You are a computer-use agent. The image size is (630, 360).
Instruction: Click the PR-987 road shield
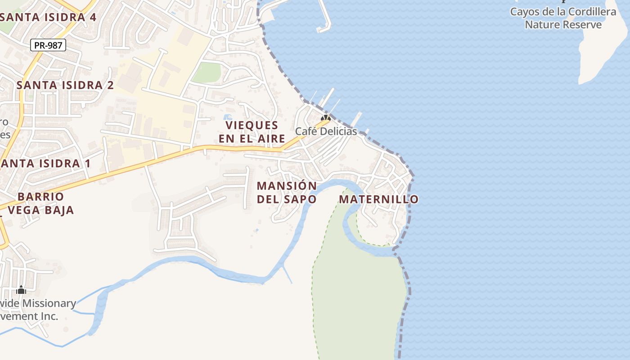tap(48, 45)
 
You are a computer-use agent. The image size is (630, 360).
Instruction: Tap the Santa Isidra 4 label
tap(49, 18)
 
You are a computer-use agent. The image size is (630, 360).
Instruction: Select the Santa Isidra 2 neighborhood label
tap(65, 85)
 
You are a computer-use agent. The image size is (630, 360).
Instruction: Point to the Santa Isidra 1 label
tap(45, 163)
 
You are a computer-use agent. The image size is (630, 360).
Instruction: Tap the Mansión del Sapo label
tap(287, 192)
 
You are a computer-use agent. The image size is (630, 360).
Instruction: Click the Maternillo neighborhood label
tap(378, 199)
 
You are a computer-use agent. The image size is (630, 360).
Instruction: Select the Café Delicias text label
tap(326, 131)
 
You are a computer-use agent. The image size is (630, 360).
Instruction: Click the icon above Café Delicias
tap(325, 118)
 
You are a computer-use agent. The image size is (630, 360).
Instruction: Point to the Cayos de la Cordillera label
tap(563, 12)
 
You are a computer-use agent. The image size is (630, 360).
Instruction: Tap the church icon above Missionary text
tap(21, 290)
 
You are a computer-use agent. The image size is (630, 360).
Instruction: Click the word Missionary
tap(49, 303)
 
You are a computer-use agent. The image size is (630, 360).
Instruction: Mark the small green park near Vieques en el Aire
tap(207, 72)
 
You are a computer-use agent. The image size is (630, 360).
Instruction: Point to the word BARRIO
tap(40, 197)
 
